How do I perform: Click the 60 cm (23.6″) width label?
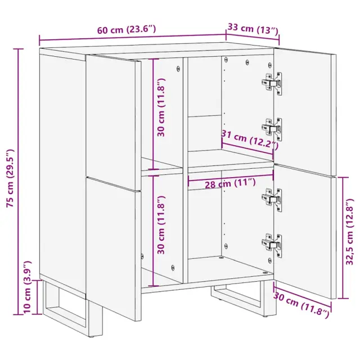point(127,29)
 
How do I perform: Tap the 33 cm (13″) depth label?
point(253,29)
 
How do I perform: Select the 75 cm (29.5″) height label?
point(11,178)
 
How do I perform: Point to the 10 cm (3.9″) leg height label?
point(28,287)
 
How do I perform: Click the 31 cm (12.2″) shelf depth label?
point(250,139)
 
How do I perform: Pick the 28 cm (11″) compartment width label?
point(230,183)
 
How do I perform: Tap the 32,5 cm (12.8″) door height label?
point(350,232)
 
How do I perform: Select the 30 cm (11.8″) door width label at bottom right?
point(301,305)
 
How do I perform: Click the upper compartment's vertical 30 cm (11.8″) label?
point(161,107)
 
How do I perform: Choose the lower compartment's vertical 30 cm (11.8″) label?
point(161,225)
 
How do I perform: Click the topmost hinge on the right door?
point(272,83)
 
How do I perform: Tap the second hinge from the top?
point(272,129)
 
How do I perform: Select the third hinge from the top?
point(272,200)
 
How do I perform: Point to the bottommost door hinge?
point(272,246)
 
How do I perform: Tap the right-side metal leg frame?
point(244,298)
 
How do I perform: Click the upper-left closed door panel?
point(113,122)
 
